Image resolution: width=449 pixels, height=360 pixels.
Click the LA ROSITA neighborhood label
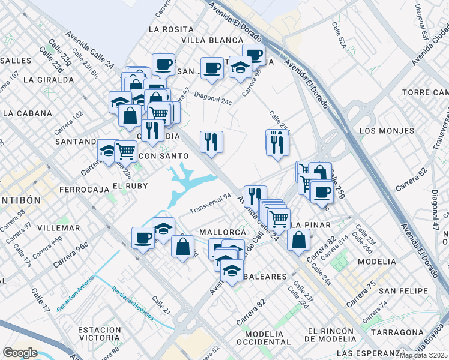click(x=171, y=29)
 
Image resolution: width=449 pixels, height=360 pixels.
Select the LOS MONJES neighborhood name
click(x=387, y=130)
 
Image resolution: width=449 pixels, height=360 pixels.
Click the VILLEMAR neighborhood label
click(x=58, y=228)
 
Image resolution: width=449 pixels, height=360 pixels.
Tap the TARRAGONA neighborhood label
click(x=397, y=332)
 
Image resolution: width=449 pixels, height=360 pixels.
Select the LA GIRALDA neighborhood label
click(x=45, y=79)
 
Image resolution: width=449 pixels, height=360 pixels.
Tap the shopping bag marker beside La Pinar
click(x=298, y=240)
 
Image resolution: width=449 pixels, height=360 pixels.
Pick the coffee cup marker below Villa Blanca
click(x=211, y=68)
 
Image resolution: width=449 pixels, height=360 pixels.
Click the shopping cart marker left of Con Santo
click(x=125, y=151)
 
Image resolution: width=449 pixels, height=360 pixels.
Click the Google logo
click(x=20, y=352)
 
